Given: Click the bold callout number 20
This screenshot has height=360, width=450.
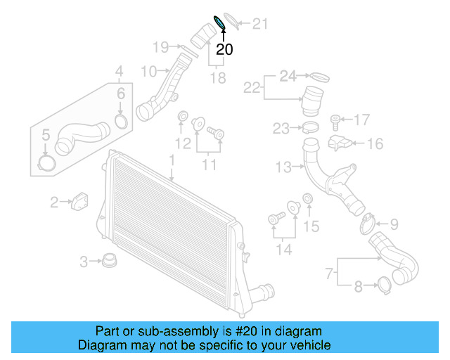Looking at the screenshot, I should coord(224,49).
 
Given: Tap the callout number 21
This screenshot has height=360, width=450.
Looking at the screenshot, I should coord(261,24).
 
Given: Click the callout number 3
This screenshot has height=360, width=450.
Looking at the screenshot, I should coord(84,262).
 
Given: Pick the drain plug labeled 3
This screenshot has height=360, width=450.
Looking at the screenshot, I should coord(109,262).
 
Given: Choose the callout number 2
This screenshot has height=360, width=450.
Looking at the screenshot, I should coord(54,203).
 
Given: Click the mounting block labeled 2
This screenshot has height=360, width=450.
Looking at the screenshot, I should coord(81,200).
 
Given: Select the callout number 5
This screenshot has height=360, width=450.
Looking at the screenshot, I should coord(45,135).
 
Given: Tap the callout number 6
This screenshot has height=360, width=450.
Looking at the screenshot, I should coord(121,94).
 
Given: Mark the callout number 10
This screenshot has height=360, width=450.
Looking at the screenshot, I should coord(148,71).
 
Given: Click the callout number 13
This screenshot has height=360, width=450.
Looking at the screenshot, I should coord(283,167).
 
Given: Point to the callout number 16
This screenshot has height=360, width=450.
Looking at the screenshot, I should coord(375,144).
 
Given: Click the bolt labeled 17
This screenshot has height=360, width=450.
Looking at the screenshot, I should coord(336,121).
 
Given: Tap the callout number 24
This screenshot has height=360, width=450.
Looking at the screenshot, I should coord(289,75).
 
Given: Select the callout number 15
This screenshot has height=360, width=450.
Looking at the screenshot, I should coord(311,226).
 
